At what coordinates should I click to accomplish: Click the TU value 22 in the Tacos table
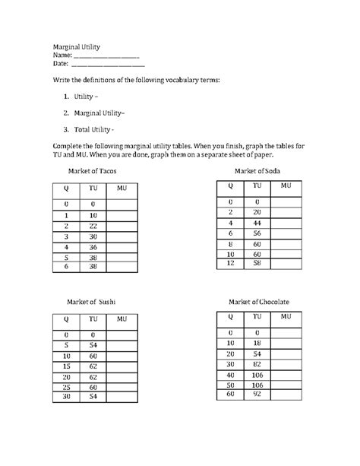pos(93,226)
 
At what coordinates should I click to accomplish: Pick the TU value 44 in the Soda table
pos(257,223)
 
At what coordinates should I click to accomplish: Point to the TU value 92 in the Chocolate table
pos(257,395)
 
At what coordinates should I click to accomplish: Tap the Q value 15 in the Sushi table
pos(67,367)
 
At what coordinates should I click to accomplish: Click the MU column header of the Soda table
pos(286,185)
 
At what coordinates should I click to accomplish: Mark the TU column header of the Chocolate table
pos(257,316)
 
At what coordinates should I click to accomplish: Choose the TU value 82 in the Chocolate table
pos(257,364)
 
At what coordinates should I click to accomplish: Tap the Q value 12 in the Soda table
pos(229,262)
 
